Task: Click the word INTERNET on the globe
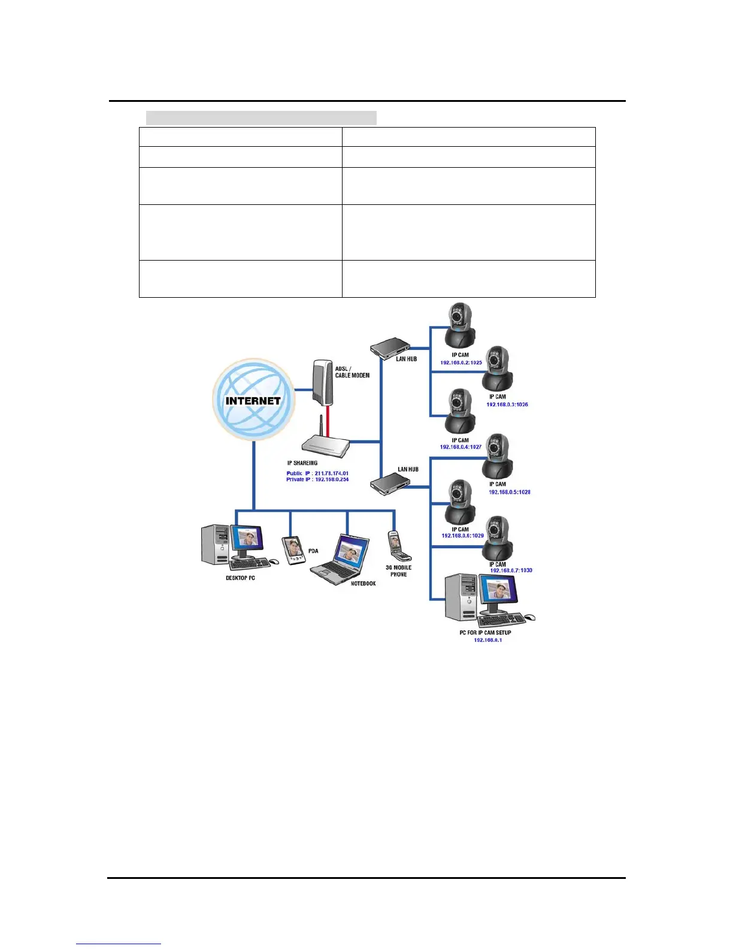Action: [x=253, y=401]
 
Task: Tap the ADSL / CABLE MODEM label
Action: [x=352, y=372]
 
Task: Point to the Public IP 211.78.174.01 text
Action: [x=317, y=473]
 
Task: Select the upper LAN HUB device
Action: [x=390, y=347]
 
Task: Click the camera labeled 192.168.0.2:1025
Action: [x=460, y=325]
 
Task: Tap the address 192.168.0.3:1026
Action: [x=507, y=404]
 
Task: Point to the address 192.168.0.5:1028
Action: [x=510, y=492]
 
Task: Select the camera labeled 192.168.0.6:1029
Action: [x=460, y=501]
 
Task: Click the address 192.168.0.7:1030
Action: [x=511, y=570]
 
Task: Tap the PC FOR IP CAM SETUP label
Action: [x=485, y=633]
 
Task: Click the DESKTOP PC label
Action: [x=240, y=578]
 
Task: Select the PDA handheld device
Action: [x=292, y=550]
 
